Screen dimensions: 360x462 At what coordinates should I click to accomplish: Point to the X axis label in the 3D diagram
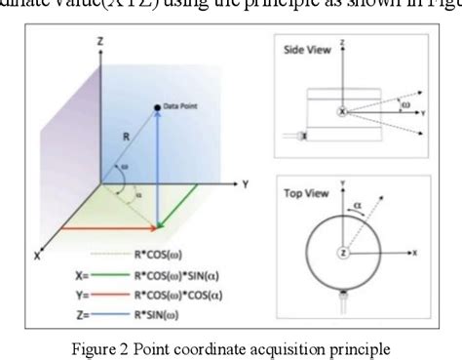pos(37,256)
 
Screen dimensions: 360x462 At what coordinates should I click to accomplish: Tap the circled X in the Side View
pos(342,111)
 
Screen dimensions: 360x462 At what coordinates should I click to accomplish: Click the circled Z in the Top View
pos(343,253)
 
